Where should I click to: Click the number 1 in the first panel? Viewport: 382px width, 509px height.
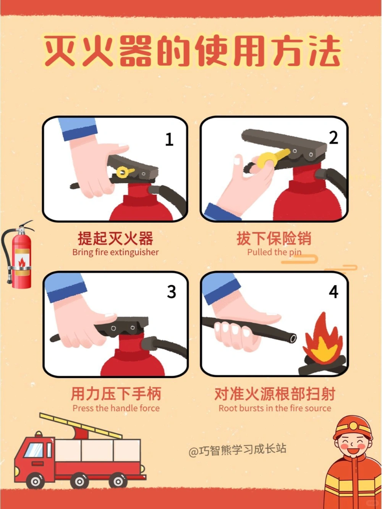[x=169, y=139]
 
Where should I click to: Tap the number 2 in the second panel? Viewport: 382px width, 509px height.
[x=333, y=138]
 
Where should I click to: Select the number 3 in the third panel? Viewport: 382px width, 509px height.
[x=172, y=292]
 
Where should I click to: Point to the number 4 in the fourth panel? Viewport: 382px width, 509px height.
[x=333, y=292]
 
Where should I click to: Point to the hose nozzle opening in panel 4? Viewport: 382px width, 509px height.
[x=293, y=338]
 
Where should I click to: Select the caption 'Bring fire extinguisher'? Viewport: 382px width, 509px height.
[x=115, y=252]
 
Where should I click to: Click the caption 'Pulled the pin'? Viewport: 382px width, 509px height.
[x=274, y=252]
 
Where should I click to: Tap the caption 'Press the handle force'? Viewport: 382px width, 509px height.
[x=116, y=408]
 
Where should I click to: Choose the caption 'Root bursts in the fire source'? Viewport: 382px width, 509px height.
[x=275, y=408]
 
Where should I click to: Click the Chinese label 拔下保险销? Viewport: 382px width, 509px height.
[x=274, y=239]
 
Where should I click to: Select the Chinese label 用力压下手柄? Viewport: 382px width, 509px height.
[x=116, y=394]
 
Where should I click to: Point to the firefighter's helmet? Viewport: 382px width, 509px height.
[x=352, y=427]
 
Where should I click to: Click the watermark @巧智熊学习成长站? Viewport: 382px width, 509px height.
[x=237, y=450]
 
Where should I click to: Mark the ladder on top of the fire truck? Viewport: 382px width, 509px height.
[x=82, y=425]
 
